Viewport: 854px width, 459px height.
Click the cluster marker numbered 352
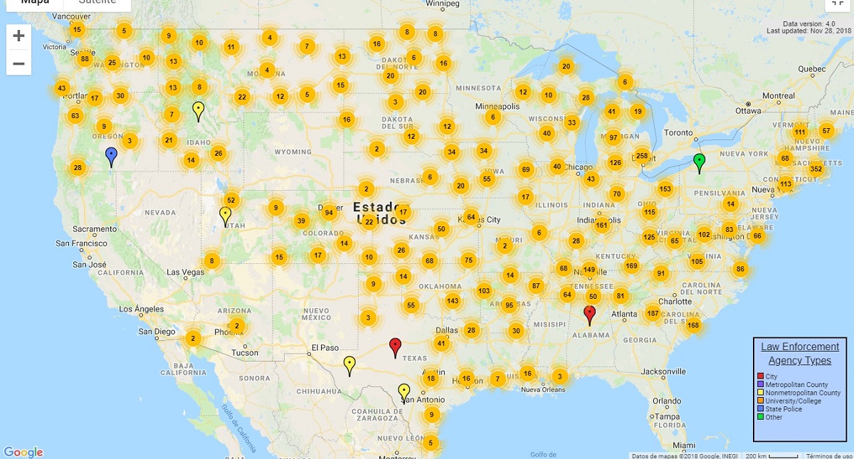pos(816,169)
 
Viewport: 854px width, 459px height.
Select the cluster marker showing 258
pos(641,156)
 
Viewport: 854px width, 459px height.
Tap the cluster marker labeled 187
pos(653,313)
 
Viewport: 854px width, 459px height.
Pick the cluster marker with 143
pos(453,300)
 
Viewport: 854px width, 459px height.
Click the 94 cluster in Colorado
pos(328,212)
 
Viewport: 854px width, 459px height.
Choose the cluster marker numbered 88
pos(85,58)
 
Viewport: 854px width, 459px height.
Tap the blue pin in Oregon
pos(111,156)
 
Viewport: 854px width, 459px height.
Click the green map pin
pos(700,162)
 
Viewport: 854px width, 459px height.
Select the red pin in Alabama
pos(589,314)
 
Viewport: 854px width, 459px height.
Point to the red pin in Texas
pos(396,347)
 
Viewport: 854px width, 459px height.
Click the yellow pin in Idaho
pos(199,110)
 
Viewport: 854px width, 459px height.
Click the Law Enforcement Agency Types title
pos(800,354)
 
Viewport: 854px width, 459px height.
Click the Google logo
pos(23,452)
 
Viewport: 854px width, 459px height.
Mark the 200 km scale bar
pos(771,455)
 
